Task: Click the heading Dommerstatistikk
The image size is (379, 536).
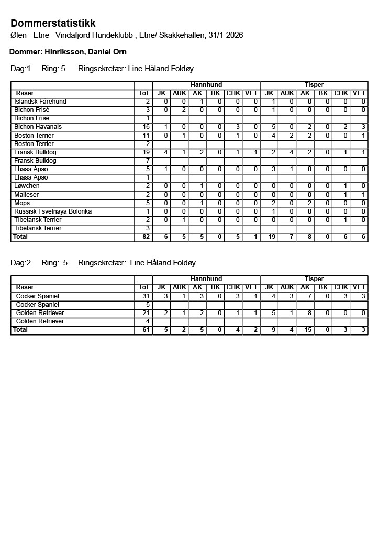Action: pos(53,24)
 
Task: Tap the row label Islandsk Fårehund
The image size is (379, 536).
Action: pos(40,102)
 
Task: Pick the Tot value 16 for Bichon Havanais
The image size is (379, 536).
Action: pos(146,127)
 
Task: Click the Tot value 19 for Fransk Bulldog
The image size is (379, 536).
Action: pos(146,152)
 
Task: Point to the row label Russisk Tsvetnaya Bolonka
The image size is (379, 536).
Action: pos(53,211)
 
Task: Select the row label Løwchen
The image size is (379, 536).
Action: pos(27,186)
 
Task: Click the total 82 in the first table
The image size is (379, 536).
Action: pos(146,237)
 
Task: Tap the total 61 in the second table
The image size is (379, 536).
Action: pos(146,330)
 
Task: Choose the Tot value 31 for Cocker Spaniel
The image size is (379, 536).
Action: pos(146,296)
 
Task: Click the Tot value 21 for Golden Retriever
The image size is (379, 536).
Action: pos(146,313)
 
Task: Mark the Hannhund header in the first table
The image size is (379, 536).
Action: pos(206,85)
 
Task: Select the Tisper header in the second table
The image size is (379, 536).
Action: pos(314,280)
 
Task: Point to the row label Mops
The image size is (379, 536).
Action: pos(22,203)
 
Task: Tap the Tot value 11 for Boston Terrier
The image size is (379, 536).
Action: pos(146,136)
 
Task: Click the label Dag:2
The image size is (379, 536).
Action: pos(21,263)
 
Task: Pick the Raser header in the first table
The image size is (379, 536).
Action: pos(25,93)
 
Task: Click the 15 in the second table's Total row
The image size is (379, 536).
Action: pos(305,330)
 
